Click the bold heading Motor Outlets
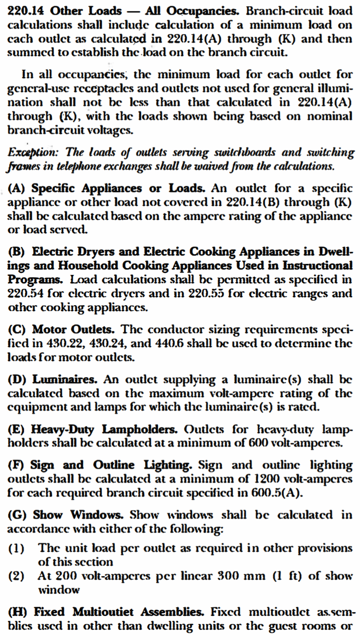click(73, 330)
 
